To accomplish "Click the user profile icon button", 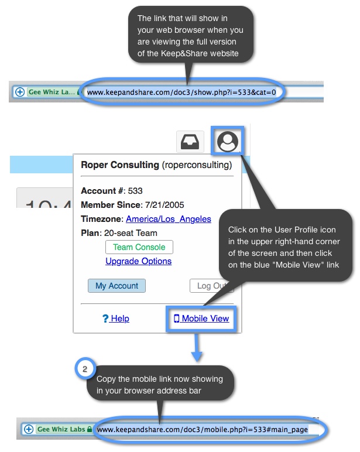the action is click(x=228, y=142).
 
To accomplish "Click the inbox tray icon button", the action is click(x=190, y=142).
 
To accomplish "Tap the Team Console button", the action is click(x=139, y=247).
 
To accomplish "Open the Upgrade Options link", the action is click(x=139, y=261).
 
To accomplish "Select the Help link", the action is click(x=116, y=319).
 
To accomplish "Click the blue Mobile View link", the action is click(x=201, y=319).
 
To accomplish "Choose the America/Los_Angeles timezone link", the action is click(x=169, y=219).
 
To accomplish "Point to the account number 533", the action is click(x=135, y=191).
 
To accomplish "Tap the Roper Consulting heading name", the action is click(x=119, y=165).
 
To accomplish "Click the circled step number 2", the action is click(x=85, y=369).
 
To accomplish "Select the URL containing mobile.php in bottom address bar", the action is click(x=202, y=429).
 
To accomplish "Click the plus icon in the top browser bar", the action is click(x=19, y=92).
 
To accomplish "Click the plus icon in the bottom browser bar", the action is click(x=28, y=429).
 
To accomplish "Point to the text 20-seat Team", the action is click(x=132, y=233).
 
